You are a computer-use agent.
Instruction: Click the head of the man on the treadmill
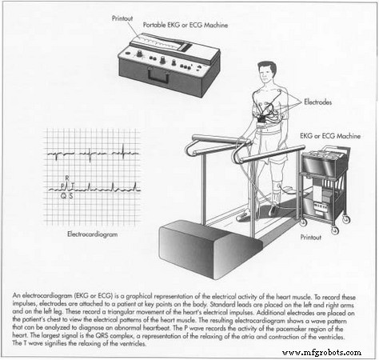[265, 75]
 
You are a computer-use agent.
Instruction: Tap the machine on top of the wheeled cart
[322, 161]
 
